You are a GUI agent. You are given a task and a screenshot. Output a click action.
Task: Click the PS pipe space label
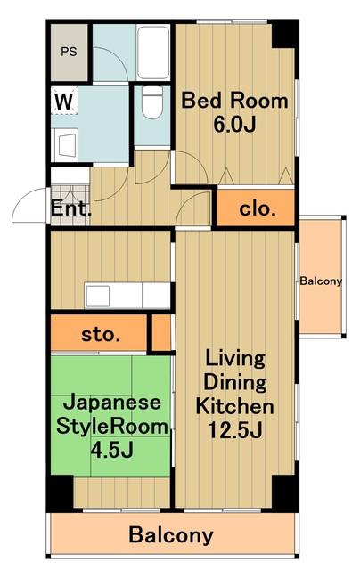69,52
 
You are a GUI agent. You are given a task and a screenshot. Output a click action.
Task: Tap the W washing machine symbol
64,101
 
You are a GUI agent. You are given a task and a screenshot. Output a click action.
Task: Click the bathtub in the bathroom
153,52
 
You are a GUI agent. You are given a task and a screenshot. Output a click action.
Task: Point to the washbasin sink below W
66,145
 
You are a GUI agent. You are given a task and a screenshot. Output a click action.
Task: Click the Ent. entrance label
70,208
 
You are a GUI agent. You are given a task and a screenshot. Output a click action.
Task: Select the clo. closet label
258,208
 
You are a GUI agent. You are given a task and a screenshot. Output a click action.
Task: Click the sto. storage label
101,334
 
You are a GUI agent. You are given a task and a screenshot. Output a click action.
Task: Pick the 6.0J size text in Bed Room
234,125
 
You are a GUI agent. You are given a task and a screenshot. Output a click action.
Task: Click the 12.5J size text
235,430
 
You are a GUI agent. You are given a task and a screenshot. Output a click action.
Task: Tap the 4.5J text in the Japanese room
111,450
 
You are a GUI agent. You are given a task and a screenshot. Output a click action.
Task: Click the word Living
235,359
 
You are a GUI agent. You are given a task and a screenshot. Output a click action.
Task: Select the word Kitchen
235,406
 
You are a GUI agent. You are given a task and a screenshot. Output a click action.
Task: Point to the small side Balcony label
321,281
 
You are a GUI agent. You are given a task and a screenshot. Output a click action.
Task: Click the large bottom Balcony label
171,535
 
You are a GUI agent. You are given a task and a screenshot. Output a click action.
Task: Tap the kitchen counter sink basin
97,296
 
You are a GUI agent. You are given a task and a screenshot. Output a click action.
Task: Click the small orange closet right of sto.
161,332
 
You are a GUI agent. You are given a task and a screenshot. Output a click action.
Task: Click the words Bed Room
234,101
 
